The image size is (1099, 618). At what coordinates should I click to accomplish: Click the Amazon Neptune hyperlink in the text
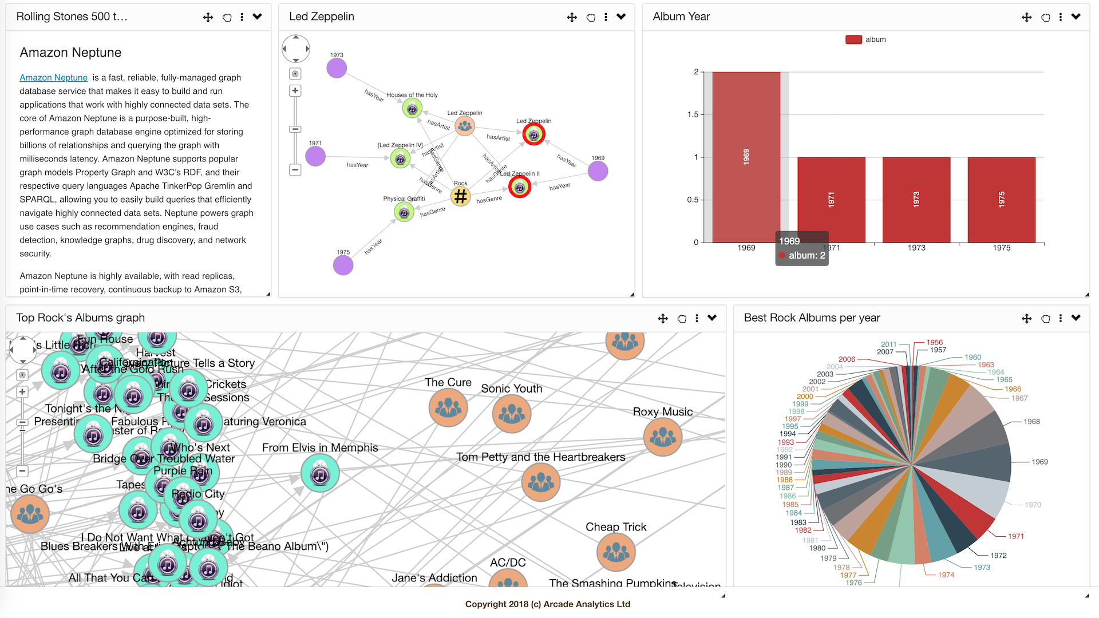click(x=53, y=78)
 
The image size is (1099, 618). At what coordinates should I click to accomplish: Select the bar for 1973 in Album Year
click(x=916, y=200)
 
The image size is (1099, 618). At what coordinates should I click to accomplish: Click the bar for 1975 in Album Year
click(x=1001, y=200)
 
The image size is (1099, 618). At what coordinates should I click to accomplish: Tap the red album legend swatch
click(x=853, y=39)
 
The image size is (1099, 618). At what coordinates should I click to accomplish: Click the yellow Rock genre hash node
click(x=460, y=197)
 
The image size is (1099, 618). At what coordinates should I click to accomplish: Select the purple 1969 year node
click(x=598, y=171)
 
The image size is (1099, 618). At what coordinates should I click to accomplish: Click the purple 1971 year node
click(x=315, y=156)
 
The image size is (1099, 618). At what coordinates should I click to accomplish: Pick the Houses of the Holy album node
click(x=412, y=108)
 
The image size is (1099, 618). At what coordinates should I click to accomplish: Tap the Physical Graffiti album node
click(x=404, y=212)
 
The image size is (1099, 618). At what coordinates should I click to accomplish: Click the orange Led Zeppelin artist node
click(x=465, y=126)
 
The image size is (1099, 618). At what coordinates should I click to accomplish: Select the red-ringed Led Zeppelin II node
click(x=520, y=187)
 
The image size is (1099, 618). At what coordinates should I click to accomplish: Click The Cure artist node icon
click(x=448, y=407)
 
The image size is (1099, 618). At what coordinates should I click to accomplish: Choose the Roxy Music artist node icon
click(x=663, y=437)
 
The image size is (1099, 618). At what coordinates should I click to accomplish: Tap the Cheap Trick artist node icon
click(x=616, y=552)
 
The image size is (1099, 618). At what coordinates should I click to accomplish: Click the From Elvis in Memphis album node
click(x=320, y=473)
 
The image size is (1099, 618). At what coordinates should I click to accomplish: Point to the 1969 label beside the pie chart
click(x=1039, y=462)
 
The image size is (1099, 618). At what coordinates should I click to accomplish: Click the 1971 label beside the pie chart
click(x=1016, y=536)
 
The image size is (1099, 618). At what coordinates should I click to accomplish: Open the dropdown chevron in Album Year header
click(x=1076, y=17)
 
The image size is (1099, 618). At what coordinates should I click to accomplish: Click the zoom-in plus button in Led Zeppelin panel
click(x=295, y=90)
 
